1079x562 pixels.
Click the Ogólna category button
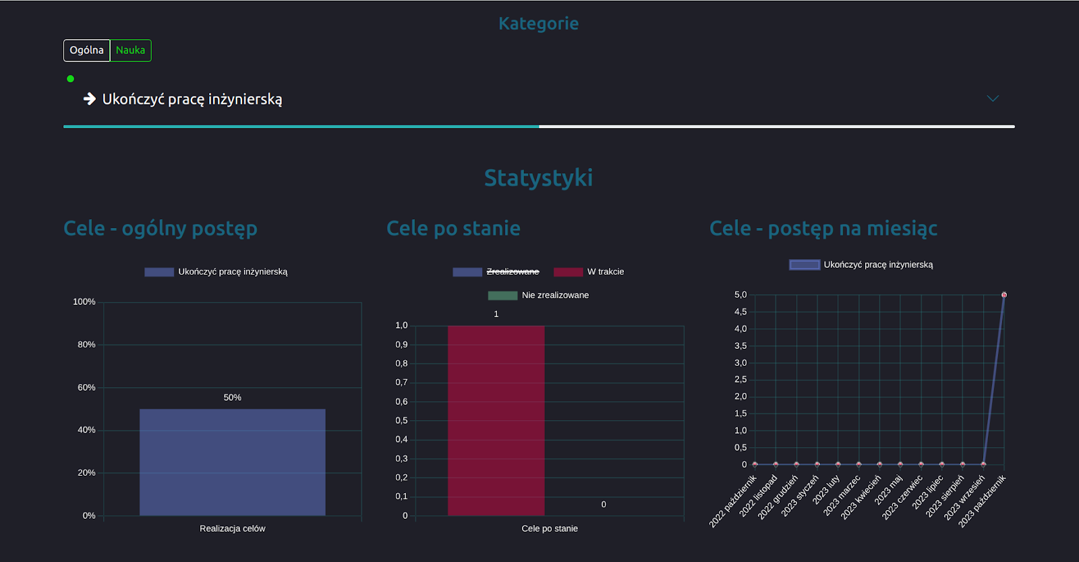pyautogui.click(x=86, y=51)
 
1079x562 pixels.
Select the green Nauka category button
pyautogui.click(x=130, y=51)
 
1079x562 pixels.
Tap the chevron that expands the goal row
pyautogui.click(x=993, y=99)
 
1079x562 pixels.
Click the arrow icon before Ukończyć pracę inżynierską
pyautogui.click(x=90, y=99)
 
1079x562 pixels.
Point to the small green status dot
pyautogui.click(x=70, y=79)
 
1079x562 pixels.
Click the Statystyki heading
pyautogui.click(x=538, y=178)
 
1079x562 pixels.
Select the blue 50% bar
pyautogui.click(x=232, y=462)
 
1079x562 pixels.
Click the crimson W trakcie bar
pyautogui.click(x=496, y=420)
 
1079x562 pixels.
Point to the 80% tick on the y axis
pyautogui.click(x=86, y=345)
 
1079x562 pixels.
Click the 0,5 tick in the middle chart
pyautogui.click(x=401, y=421)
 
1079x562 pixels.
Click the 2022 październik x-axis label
pyautogui.click(x=734, y=501)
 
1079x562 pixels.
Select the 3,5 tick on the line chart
pyautogui.click(x=740, y=346)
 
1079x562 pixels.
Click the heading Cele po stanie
pyautogui.click(x=453, y=229)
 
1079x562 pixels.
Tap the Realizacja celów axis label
pyautogui.click(x=232, y=529)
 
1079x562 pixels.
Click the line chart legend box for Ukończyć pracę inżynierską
pyautogui.click(x=805, y=265)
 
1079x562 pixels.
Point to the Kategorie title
pyautogui.click(x=538, y=24)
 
